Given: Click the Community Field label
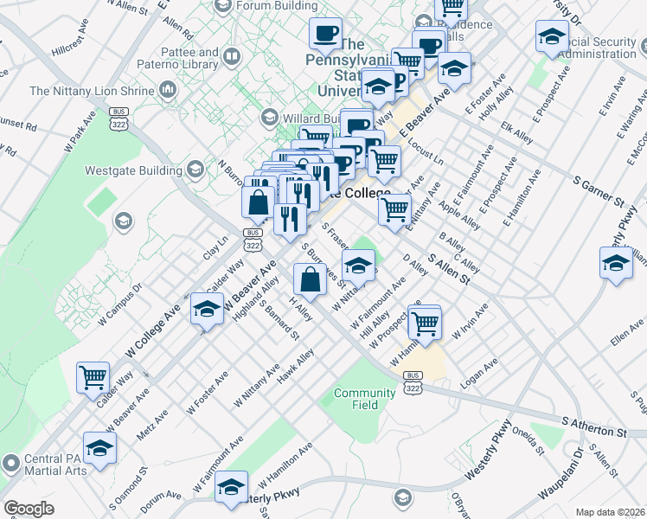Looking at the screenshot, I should pyautogui.click(x=364, y=399).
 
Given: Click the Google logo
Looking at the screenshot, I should pyautogui.click(x=29, y=508).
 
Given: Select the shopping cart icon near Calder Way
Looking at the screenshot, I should pyautogui.click(x=93, y=377).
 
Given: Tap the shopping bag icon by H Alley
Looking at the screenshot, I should pyautogui.click(x=310, y=279).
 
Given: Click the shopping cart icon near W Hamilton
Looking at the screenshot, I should pyautogui.click(x=424, y=324).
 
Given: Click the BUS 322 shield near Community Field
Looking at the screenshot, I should pyautogui.click(x=413, y=382).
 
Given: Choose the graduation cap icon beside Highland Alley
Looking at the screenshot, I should pyautogui.click(x=206, y=310).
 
